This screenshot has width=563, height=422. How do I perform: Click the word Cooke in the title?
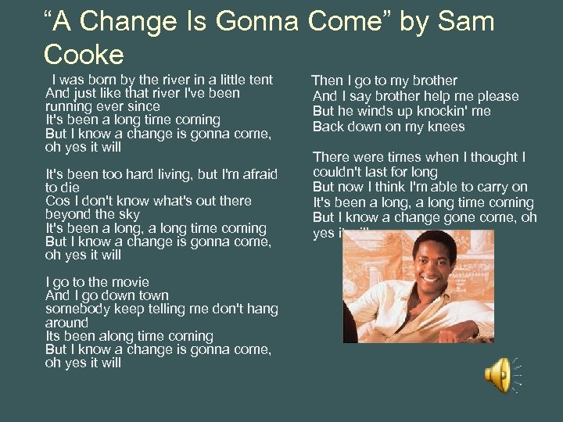pos(84,55)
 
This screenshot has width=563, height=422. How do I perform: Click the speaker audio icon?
pos(498,375)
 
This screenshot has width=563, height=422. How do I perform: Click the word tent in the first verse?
pos(260,80)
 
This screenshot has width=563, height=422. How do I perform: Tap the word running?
pos(69,106)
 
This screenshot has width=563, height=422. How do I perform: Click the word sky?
pos(129,214)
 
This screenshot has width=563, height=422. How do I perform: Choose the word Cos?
pos(57,201)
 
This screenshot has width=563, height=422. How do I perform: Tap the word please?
pos(497,96)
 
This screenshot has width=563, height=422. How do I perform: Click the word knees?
pos(445,127)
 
